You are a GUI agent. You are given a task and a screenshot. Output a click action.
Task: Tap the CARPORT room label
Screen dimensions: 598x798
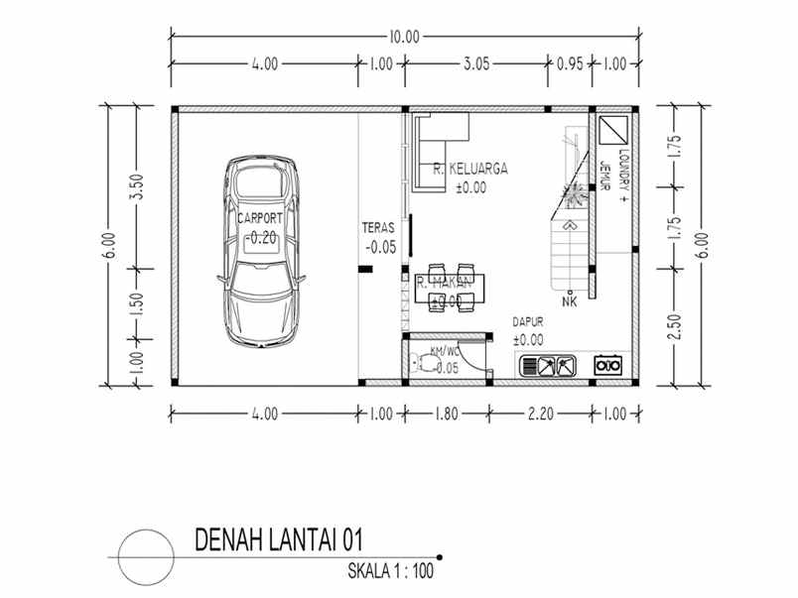(261, 217)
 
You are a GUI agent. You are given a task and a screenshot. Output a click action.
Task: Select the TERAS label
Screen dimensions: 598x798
(379, 228)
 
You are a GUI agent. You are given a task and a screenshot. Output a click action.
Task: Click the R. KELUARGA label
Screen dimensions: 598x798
(470, 170)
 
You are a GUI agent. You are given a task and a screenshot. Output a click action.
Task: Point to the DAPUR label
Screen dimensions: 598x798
(527, 322)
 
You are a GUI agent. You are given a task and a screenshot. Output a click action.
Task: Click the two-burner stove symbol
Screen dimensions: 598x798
(607, 365)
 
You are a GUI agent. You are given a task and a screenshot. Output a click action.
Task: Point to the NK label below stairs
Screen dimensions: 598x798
(569, 301)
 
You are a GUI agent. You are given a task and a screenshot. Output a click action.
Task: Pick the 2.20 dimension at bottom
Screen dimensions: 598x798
(541, 414)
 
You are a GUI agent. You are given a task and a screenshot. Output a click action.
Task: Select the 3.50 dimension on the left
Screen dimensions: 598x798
(137, 186)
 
